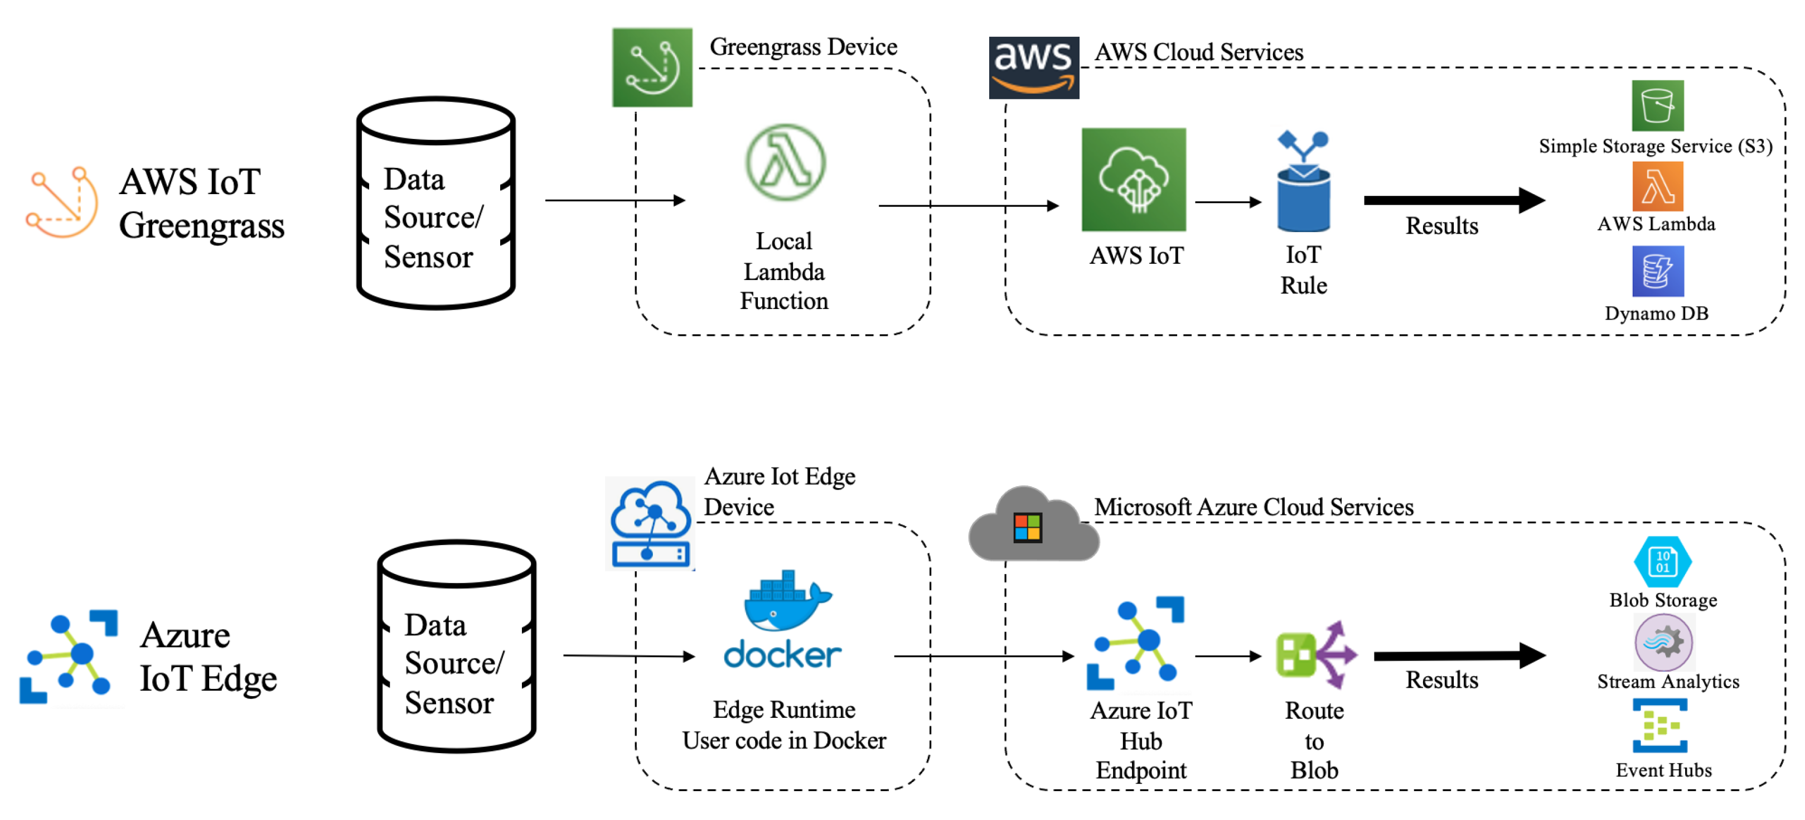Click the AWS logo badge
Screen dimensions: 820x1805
[x=1033, y=68]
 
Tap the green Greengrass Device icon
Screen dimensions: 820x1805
[x=652, y=67]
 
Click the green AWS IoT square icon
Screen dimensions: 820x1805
[x=1133, y=180]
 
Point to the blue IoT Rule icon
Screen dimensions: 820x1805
[x=1303, y=182]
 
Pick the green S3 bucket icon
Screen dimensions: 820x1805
[x=1657, y=106]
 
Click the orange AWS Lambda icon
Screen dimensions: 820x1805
[x=1657, y=186]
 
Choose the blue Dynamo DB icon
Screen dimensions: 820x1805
[x=1657, y=271]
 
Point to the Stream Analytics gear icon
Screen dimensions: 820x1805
[x=1663, y=643]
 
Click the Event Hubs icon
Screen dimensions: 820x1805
[x=1660, y=725]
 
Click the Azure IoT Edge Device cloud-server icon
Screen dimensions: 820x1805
[x=650, y=524]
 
